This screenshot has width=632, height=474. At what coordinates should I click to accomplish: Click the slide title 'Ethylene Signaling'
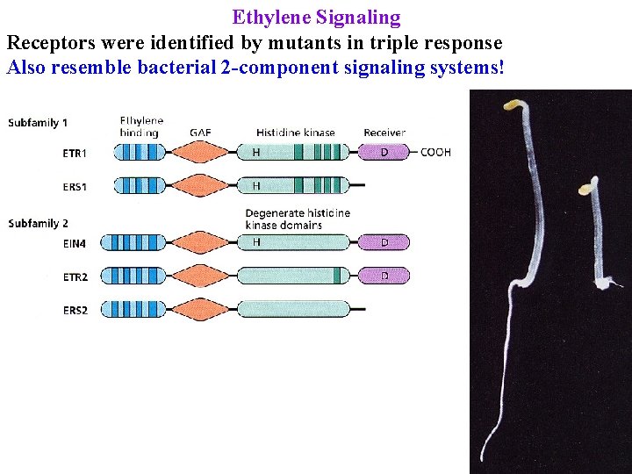[x=316, y=17]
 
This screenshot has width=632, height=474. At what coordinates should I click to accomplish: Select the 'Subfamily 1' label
[x=38, y=123]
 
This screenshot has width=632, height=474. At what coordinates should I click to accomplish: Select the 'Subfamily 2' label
[x=38, y=224]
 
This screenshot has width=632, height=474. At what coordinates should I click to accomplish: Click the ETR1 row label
[x=74, y=153]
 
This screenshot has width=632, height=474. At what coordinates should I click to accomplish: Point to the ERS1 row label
[x=74, y=186]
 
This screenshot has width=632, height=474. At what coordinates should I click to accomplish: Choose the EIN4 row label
[x=74, y=242]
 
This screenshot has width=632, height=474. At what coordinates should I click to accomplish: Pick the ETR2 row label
[x=74, y=276]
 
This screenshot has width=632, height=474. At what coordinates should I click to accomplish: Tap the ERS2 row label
[x=74, y=310]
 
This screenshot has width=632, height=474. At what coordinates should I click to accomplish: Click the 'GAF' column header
[x=200, y=133]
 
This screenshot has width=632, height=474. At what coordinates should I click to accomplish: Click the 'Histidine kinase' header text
[x=296, y=133]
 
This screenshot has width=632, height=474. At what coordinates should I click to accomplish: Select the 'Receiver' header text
[x=384, y=133]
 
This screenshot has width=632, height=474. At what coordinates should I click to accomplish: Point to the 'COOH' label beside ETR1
[x=435, y=153]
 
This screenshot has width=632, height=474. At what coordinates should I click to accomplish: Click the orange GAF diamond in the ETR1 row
[x=200, y=153]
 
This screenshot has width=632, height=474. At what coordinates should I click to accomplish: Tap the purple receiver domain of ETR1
[x=384, y=153]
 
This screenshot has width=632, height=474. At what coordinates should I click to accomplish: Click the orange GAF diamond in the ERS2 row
[x=200, y=309]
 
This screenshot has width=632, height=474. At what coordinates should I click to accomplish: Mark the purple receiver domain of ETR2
[x=384, y=276]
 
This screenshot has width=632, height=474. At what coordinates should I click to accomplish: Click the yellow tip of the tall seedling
[x=511, y=105]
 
